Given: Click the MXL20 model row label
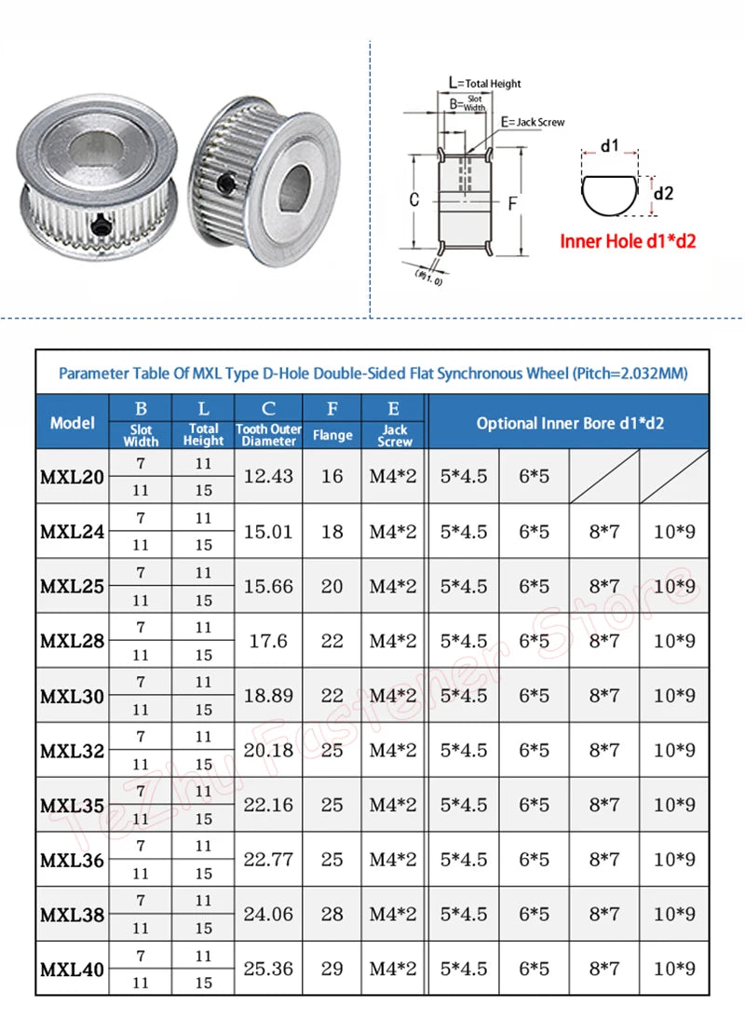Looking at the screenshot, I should coord(73,476).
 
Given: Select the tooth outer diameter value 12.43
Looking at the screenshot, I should coord(268,476).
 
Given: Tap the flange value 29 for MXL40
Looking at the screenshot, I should coord(332,969).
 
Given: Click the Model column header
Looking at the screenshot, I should coord(73,422).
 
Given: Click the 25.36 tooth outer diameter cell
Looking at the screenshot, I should coord(268,969).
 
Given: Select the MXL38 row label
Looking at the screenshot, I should coord(73,915).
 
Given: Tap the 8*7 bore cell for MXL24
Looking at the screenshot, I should coord(604,532).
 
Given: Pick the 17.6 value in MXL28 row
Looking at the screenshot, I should coord(268,641).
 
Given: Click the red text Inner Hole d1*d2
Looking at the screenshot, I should coord(628,241).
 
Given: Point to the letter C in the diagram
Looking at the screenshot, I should coord(414,199).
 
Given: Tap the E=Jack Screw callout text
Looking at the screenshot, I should coord(533,122).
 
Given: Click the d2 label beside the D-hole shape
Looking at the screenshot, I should coord(663,193).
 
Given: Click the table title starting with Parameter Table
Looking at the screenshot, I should coord(372,374).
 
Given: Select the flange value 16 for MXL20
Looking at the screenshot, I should coord(332,476).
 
